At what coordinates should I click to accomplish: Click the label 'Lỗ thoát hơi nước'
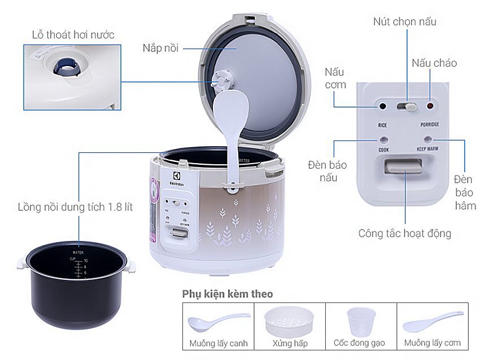73,35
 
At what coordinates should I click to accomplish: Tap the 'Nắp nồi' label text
160,48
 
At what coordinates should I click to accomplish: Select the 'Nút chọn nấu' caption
404,21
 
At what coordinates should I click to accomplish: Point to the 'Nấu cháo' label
434,63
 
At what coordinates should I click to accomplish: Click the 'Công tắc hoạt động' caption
404,233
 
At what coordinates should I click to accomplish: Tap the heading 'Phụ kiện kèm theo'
227,294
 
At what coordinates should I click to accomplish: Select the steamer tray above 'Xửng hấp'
290,320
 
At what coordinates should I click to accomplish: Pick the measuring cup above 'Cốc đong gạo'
361,321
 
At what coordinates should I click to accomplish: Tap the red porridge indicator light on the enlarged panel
430,106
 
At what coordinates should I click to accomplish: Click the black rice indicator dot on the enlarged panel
383,106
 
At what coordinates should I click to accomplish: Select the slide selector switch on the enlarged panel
407,106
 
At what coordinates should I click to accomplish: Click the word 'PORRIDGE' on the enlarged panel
430,124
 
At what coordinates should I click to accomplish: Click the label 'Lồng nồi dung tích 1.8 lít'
75,207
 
